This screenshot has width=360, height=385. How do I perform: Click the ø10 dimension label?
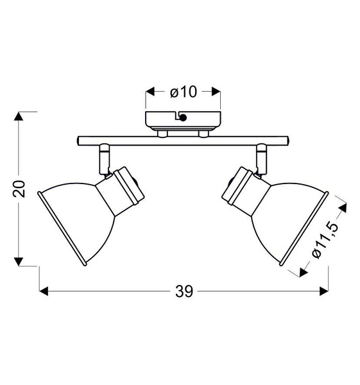pos(183,92)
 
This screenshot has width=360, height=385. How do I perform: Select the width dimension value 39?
pos(184,291)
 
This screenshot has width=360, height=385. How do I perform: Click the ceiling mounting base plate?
pos(183,120)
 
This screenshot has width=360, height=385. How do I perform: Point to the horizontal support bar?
pos(183,140)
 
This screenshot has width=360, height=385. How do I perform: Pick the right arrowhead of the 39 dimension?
pos(324,291)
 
